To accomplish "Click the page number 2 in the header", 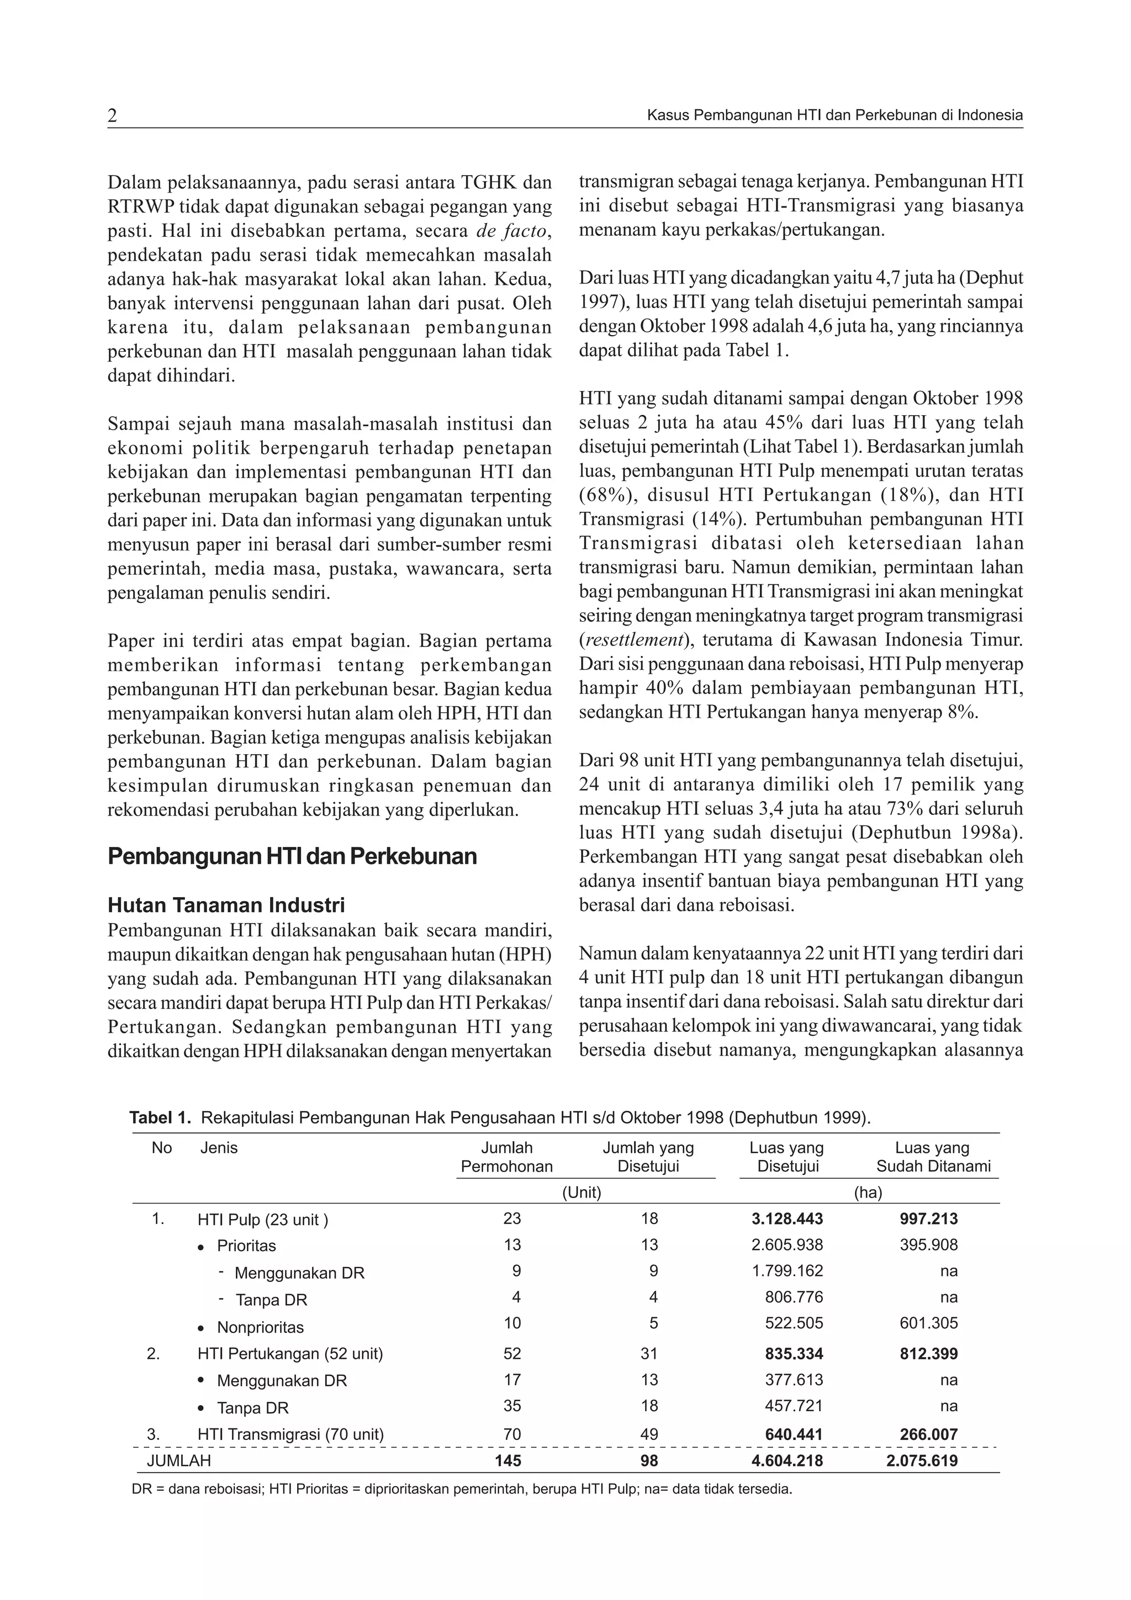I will [x=112, y=116].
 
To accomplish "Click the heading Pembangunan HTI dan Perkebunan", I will [x=292, y=856].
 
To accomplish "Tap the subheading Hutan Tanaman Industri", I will [x=226, y=905].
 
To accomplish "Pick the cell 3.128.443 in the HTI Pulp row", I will [x=787, y=1219].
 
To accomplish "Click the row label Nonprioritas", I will [x=260, y=1327].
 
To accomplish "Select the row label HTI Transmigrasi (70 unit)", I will [x=290, y=1434].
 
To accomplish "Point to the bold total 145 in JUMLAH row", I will [x=508, y=1461].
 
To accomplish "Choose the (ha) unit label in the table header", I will [x=868, y=1193].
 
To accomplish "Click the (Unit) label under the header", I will [x=581, y=1193].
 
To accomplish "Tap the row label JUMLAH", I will [x=178, y=1461].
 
